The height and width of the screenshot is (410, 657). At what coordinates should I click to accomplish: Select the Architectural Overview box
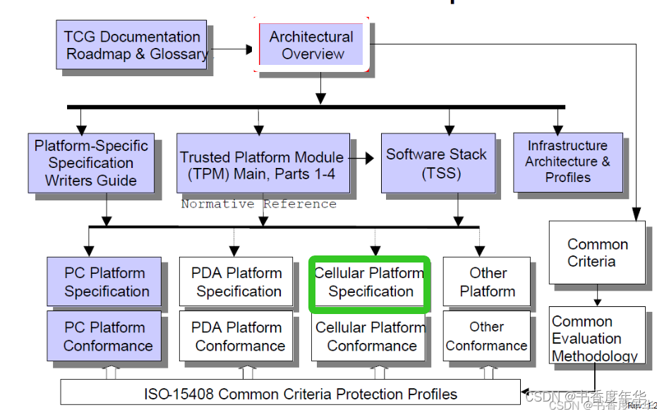pos(312,45)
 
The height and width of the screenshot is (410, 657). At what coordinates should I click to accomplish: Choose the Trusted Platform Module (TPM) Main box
pos(262,164)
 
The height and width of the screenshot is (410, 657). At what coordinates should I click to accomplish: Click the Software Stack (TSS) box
pos(435,163)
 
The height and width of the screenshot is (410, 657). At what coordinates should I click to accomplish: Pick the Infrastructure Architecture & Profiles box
pos(567,162)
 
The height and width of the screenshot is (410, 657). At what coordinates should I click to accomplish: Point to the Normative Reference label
pos(258,205)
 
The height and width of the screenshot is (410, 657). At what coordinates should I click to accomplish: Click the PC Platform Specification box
pos(106,282)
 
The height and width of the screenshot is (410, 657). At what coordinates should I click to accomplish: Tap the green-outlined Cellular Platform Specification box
pos(370,282)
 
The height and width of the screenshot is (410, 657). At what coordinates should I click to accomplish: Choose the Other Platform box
pos(488,282)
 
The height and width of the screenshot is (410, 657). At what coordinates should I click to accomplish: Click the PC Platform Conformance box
pos(106,337)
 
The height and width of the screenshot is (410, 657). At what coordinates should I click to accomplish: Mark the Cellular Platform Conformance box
pos(370,337)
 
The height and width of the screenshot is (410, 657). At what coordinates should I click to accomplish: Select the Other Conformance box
pos(486,337)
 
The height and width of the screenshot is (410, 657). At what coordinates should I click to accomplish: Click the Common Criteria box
pos(597,253)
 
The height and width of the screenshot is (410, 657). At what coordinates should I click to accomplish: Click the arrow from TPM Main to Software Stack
pos(365,159)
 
